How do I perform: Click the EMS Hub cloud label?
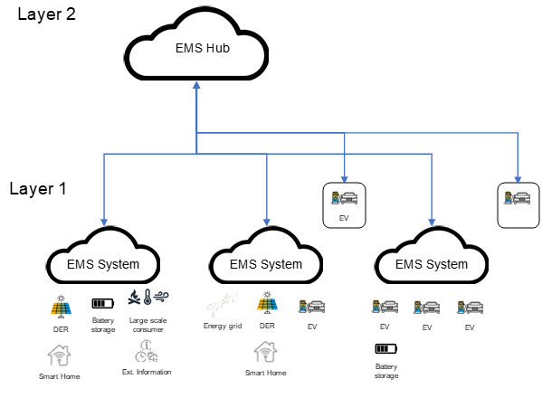click(203, 48)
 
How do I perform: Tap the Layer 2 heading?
click(47, 14)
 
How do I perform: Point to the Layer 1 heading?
click(38, 189)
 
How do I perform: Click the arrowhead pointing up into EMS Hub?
click(196, 85)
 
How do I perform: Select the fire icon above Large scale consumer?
click(134, 297)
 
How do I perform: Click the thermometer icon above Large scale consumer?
click(147, 297)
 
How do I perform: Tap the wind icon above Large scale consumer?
click(161, 297)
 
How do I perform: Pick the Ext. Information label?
click(147, 372)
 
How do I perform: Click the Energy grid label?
click(223, 326)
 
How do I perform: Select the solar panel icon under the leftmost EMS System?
click(61, 306)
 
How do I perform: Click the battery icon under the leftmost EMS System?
click(102, 303)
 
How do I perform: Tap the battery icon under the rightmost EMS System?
click(386, 348)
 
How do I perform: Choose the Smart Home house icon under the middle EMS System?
click(265, 352)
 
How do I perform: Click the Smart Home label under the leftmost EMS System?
click(60, 376)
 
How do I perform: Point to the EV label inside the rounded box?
click(344, 218)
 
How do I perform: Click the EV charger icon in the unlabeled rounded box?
click(517, 198)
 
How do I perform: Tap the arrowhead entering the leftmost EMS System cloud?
click(104, 222)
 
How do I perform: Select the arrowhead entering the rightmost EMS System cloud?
click(432, 222)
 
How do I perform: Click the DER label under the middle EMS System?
click(267, 326)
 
